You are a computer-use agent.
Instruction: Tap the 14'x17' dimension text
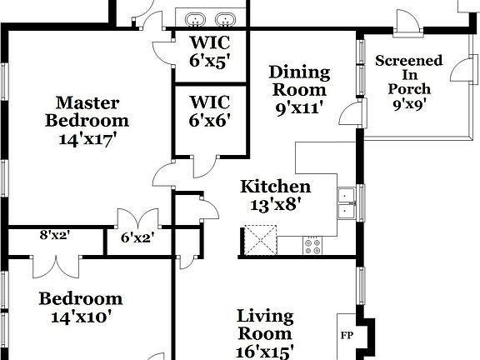[x=87, y=139]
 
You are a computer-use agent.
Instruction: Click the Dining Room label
[x=298, y=81]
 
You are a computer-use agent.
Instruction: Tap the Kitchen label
[x=275, y=187]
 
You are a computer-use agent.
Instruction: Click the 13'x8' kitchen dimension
[x=275, y=203]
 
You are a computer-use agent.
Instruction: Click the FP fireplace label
[x=346, y=336]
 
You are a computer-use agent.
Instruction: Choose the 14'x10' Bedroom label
[x=81, y=307]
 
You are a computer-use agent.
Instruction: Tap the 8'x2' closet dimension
[x=54, y=235]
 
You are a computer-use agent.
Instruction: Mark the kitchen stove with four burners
[x=314, y=246]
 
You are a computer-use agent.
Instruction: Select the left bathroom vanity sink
[x=195, y=19]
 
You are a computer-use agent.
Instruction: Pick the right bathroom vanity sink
[x=223, y=19]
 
